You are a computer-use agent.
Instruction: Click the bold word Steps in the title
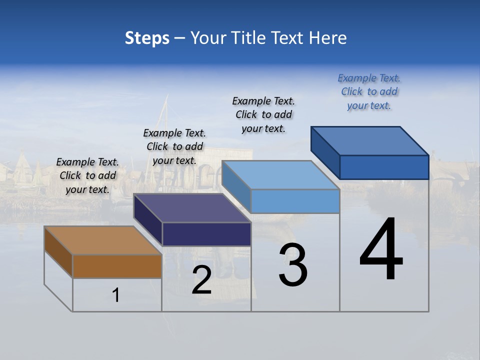[147, 38]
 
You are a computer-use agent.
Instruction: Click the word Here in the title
[328, 38]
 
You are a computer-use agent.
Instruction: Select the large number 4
[381, 249]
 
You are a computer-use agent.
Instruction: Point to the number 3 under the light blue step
[293, 264]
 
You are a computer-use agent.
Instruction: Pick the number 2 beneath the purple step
[201, 280]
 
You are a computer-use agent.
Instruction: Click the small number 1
[116, 295]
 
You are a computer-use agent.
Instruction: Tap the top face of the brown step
[103, 240]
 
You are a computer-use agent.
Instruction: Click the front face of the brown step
[117, 266]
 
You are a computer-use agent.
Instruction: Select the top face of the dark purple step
[192, 208]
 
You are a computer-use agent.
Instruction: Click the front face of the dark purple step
[206, 234]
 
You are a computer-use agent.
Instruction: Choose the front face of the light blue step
[295, 201]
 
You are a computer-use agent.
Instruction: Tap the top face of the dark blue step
[370, 141]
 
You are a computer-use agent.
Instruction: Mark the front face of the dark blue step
[384, 167]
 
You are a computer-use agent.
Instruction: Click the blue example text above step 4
[369, 92]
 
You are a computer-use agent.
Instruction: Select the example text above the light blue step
[263, 115]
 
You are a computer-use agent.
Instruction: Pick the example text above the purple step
[174, 147]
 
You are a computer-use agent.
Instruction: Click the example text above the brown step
[87, 176]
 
